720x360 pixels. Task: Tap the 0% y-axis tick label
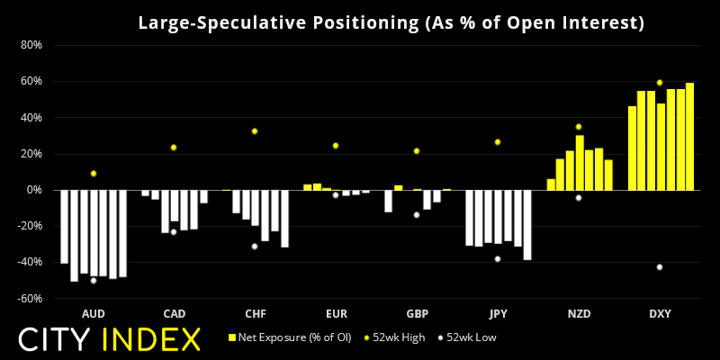[x=33, y=190]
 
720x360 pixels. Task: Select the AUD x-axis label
[x=93, y=314]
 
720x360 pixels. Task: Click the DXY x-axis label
[x=660, y=314]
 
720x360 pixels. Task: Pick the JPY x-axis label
[x=497, y=314]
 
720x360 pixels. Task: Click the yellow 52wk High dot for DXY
[x=660, y=83]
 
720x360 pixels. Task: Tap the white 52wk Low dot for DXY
[x=660, y=267]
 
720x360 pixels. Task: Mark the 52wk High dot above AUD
[x=93, y=174]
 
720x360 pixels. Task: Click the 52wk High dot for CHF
[x=255, y=131]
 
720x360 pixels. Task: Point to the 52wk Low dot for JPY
[x=497, y=259]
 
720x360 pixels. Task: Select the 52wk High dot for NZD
[x=579, y=127]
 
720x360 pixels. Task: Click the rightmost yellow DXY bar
[x=689, y=136]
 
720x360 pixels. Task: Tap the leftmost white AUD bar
[x=64, y=226]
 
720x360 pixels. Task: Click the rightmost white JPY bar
[x=527, y=225]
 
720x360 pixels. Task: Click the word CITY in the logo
[x=56, y=339]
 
